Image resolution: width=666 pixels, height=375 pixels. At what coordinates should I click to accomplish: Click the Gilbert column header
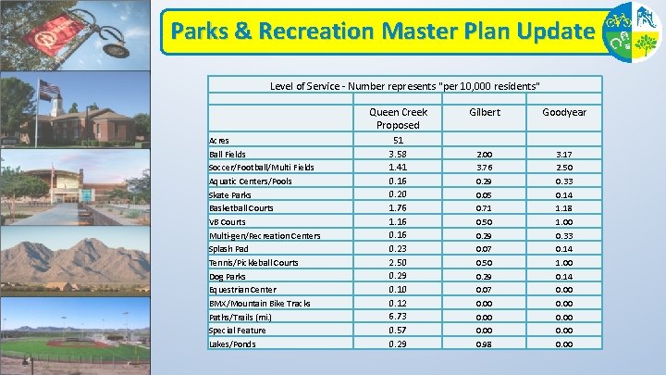[485, 112]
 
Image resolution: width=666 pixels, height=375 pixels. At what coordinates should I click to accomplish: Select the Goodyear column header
[564, 112]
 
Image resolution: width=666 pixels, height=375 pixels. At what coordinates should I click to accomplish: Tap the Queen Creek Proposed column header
[398, 119]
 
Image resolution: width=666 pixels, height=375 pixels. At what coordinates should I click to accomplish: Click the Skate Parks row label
[231, 195]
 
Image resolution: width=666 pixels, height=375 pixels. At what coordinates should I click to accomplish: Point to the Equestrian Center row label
[242, 290]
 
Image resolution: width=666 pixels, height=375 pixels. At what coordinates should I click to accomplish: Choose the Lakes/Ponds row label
[232, 344]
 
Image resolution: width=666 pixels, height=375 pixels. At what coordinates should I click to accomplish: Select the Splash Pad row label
[229, 249]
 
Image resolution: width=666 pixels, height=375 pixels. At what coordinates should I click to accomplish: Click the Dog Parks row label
[228, 277]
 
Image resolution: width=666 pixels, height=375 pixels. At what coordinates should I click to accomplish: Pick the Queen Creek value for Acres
[398, 140]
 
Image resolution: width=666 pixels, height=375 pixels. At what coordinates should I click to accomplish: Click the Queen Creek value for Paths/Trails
[398, 317]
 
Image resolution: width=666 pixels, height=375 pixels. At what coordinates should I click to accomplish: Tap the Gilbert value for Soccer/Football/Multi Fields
[485, 168]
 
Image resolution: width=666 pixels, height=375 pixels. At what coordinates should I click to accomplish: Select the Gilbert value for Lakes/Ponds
[485, 344]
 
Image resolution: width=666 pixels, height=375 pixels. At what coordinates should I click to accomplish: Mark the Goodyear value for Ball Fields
[564, 154]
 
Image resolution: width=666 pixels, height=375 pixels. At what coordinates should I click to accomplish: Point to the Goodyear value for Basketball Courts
[564, 208]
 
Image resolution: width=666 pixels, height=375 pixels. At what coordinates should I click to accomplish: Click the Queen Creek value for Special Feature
[398, 331]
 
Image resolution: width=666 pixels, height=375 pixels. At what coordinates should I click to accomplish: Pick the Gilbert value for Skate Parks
[485, 195]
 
